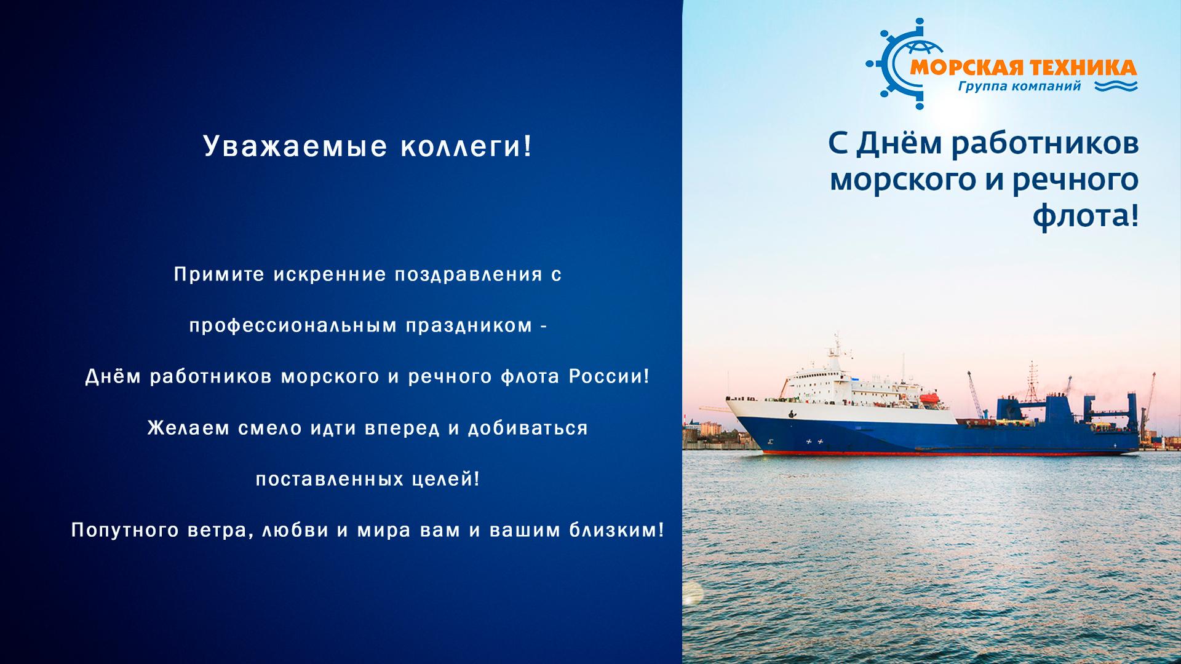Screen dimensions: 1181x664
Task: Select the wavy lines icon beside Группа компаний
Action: (1116, 86)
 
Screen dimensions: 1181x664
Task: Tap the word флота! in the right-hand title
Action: (1086, 216)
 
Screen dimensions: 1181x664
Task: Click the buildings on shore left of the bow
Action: (707, 432)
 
